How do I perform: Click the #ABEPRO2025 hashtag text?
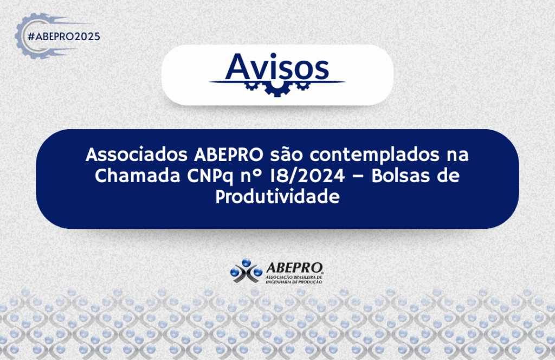point(64,36)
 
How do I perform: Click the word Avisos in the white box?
point(277,67)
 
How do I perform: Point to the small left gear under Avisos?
point(251,86)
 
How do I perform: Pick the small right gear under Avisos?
point(303,86)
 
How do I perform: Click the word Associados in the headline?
point(136,155)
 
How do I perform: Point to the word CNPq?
point(210,176)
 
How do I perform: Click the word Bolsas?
point(401,175)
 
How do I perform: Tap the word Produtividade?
point(277,196)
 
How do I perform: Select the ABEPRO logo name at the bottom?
point(294,268)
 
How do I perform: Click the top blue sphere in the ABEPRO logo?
point(247,262)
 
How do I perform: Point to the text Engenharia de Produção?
point(294,282)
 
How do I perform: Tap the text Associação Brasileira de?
point(294,277)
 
